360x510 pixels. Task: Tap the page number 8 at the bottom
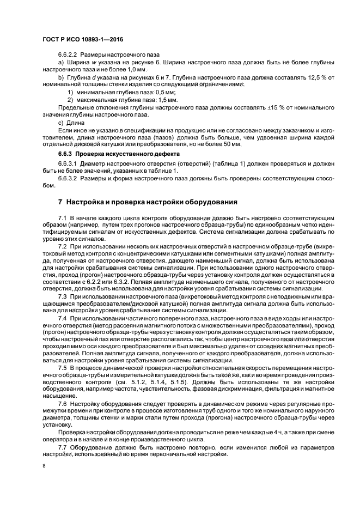(x=44, y=466)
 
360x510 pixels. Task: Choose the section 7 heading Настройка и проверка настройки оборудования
(x=147, y=202)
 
